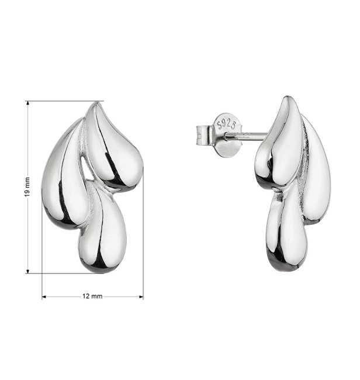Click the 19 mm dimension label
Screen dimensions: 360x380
pos(27,187)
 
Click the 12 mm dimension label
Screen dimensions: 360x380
pos(92,296)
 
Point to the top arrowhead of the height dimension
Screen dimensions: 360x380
pos(28,103)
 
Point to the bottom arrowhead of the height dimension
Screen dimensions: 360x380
pos(28,271)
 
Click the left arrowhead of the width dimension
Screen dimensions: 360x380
pos(44,296)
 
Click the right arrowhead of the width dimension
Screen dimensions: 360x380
pos(141,296)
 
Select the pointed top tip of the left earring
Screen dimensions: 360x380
pos(97,102)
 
